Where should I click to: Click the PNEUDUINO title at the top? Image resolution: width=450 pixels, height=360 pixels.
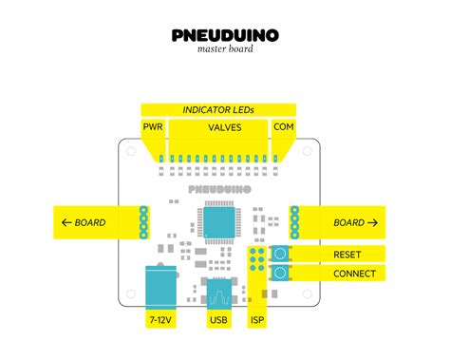pyautogui.click(x=225, y=35)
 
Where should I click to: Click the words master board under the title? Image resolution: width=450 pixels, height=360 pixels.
pyautogui.click(x=225, y=48)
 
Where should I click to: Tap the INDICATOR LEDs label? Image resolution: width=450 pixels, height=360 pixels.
pyautogui.click(x=218, y=110)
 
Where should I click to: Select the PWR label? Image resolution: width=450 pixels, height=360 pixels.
pyautogui.click(x=153, y=126)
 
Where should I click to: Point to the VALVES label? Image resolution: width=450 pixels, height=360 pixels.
pyautogui.click(x=225, y=127)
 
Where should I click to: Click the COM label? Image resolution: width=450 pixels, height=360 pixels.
pyautogui.click(x=284, y=126)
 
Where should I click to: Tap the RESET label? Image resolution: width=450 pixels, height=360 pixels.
pyautogui.click(x=347, y=255)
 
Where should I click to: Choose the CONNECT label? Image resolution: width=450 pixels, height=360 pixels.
pyautogui.click(x=354, y=274)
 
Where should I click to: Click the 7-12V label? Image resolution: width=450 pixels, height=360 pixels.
pyautogui.click(x=160, y=320)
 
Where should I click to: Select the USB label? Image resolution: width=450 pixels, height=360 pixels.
pyautogui.click(x=218, y=320)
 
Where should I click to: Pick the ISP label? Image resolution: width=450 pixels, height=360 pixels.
pyautogui.click(x=257, y=320)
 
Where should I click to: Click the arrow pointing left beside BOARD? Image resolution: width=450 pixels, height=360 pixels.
pyautogui.click(x=66, y=222)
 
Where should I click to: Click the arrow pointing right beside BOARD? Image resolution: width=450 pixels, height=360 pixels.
pyautogui.click(x=372, y=222)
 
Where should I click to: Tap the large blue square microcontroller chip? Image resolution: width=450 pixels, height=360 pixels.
pyautogui.click(x=219, y=222)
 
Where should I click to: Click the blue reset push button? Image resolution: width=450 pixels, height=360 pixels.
pyautogui.click(x=280, y=254)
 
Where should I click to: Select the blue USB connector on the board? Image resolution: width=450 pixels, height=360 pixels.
pyautogui.click(x=218, y=294)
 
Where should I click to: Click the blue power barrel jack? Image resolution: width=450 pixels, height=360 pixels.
pyautogui.click(x=160, y=288)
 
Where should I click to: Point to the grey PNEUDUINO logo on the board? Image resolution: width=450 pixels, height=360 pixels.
pyautogui.click(x=219, y=189)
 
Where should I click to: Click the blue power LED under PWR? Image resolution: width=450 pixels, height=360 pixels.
pyautogui.click(x=161, y=159)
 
